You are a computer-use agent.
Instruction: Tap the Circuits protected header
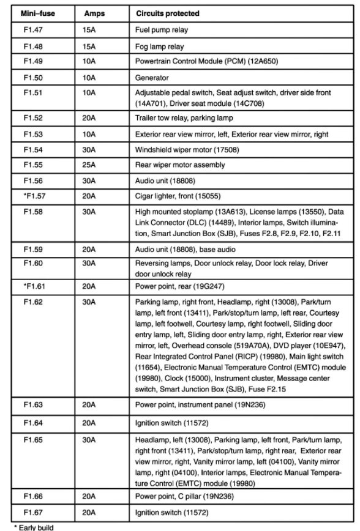168,13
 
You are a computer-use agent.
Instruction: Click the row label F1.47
33,29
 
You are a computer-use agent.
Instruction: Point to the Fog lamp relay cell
159,46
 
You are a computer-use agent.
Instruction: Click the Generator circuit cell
152,78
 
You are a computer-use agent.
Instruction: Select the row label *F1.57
33,196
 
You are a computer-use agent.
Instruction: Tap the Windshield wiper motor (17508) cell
179,149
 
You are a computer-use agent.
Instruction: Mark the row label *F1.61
33,285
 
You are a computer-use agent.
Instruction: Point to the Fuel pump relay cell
161,29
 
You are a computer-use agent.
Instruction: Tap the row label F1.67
33,511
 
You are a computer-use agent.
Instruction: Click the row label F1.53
33,133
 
